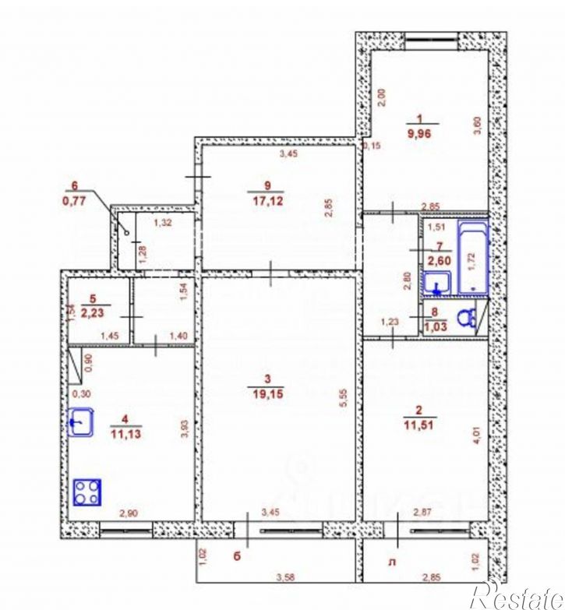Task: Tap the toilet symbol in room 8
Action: coord(465,317)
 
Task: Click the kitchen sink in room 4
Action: coord(79,424)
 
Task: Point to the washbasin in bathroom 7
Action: coord(437,284)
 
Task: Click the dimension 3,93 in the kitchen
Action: coord(184,429)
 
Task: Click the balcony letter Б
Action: coord(236,556)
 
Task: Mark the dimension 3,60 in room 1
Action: coord(477,125)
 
